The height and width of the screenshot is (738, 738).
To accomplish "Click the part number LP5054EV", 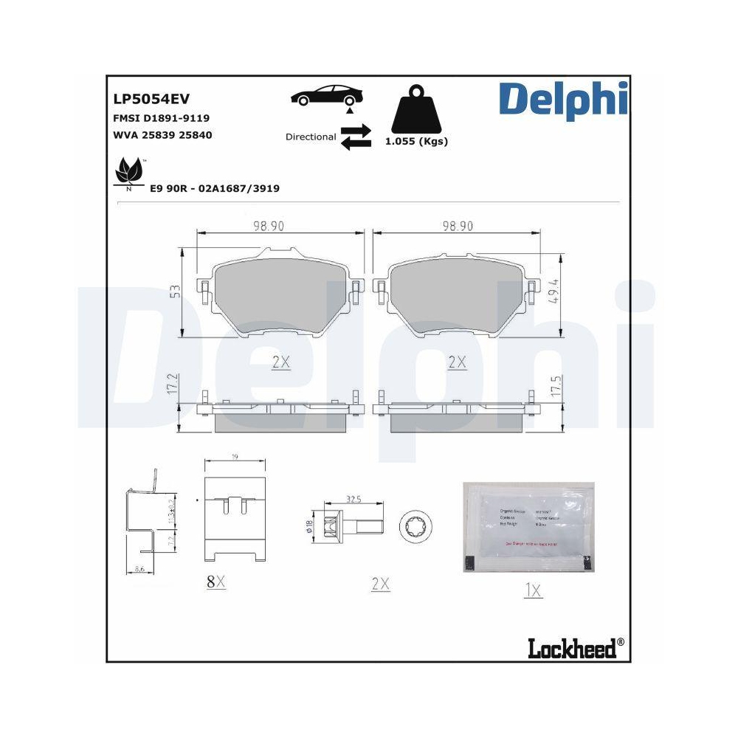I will pyautogui.click(x=151, y=99).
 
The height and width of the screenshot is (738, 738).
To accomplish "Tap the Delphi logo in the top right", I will pyautogui.click(x=563, y=100).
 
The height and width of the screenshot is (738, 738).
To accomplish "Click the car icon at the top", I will pyautogui.click(x=327, y=95).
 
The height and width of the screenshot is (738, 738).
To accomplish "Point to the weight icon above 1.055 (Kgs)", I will pyautogui.click(x=416, y=111).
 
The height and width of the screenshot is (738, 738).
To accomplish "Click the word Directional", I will pyautogui.click(x=311, y=137).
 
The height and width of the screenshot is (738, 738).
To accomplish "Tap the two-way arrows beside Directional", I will pyautogui.click(x=356, y=137).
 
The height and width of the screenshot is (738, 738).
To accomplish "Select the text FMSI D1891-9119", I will pyautogui.click(x=161, y=118).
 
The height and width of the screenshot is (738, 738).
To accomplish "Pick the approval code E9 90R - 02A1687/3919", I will pyautogui.click(x=214, y=188).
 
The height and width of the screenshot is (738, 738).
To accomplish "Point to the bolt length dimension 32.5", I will pyautogui.click(x=353, y=500).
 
